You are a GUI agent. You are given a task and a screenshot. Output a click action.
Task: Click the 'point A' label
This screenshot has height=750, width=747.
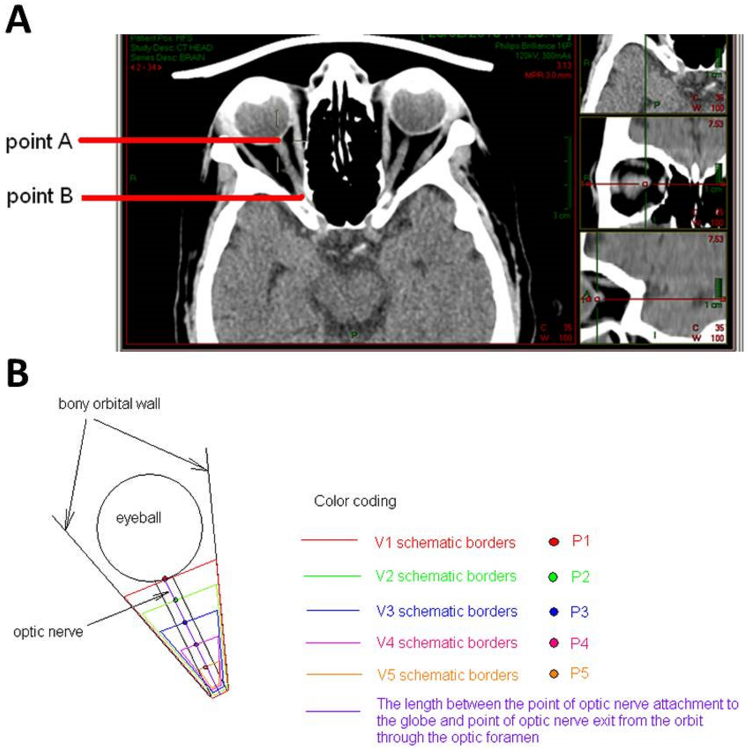[x=39, y=141]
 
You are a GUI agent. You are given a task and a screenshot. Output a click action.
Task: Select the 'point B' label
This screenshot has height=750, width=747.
[x=40, y=196]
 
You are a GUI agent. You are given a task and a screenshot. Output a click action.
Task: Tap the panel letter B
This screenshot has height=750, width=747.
[x=18, y=373]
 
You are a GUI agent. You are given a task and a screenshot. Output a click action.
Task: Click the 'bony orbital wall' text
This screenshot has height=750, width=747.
[x=109, y=404]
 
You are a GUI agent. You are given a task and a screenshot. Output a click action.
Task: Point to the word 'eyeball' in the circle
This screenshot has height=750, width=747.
[x=138, y=518]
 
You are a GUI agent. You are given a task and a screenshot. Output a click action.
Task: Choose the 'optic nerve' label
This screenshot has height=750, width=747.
[x=48, y=632]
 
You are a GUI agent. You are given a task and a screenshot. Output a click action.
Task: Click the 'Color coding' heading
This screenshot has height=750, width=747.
[x=355, y=501]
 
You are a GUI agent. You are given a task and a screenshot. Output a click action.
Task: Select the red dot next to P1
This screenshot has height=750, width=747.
[x=554, y=542]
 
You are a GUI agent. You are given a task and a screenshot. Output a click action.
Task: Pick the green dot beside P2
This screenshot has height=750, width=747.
[x=553, y=577]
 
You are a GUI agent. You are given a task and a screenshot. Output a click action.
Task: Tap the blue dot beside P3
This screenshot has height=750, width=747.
[x=554, y=612]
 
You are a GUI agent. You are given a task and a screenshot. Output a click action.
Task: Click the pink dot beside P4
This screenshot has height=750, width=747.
[x=554, y=643]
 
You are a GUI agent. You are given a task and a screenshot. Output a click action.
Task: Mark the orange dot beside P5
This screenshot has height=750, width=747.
[x=554, y=674]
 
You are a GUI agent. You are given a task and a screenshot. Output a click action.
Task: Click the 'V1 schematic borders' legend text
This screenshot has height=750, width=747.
[x=445, y=543]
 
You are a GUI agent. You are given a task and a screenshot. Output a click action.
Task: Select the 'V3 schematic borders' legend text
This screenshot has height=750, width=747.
[x=447, y=611]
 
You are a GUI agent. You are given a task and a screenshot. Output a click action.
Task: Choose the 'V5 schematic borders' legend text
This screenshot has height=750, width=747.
[x=447, y=675]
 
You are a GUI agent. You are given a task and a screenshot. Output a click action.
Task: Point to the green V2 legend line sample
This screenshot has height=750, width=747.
[x=332, y=576]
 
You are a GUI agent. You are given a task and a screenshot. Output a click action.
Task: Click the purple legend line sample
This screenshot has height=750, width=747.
[x=333, y=712]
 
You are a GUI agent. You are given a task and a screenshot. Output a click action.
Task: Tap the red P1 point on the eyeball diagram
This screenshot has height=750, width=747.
[x=165, y=579]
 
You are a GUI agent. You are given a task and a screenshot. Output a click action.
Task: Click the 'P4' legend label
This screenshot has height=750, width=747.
[x=579, y=643]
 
